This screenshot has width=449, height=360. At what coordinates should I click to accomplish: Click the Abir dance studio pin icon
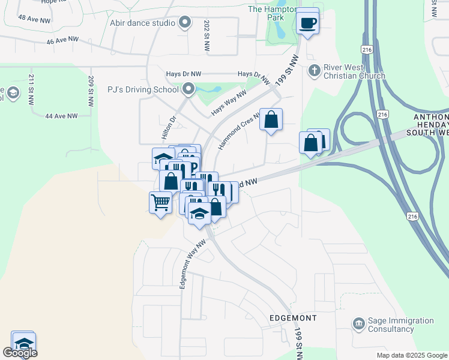[x=185, y=23]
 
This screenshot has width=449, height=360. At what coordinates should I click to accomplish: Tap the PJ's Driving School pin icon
[x=188, y=90]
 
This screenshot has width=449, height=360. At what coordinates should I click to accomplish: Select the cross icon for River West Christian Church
[x=313, y=71]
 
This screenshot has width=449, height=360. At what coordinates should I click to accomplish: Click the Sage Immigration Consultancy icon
[x=359, y=324]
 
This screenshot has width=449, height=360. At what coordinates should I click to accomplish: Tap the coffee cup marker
[x=308, y=23]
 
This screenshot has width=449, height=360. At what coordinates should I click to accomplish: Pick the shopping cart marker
[x=160, y=203]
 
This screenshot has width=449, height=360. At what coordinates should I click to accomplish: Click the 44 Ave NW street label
[x=62, y=116]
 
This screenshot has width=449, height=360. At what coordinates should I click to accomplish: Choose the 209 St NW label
[x=91, y=91]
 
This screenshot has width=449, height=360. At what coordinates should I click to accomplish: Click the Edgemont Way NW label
[x=193, y=265]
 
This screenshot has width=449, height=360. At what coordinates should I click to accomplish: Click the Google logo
[x=20, y=353]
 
